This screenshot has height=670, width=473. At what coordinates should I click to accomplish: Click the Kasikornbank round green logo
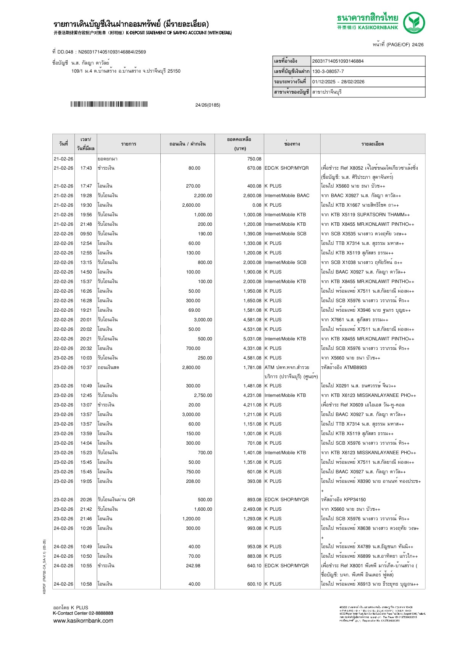coord(414,23)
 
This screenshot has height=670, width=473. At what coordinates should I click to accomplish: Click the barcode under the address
coord(109,104)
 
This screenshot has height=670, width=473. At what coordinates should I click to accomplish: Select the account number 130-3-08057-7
coord(328,71)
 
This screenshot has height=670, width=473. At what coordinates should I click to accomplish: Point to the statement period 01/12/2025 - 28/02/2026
coord(338,82)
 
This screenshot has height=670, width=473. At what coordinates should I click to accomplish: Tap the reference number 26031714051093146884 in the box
coord(338,61)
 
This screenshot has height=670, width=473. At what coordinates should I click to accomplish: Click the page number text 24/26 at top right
coord(418,45)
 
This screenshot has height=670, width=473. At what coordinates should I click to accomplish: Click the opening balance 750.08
coord(254,159)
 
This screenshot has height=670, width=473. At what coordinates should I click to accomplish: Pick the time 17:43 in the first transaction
coord(86,168)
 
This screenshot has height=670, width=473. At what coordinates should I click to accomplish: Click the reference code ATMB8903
coord(355,367)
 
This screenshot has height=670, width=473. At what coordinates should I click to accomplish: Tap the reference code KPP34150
coord(355,500)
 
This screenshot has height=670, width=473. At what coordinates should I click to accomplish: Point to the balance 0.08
coord(257,205)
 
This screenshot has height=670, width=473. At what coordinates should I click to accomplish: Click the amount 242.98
coord(193,566)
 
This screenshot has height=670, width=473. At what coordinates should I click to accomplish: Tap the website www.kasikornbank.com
coord(83,621)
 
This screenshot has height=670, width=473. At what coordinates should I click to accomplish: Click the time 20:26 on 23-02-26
coord(86,500)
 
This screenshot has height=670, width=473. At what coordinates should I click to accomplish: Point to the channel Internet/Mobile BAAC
coord(287,196)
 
